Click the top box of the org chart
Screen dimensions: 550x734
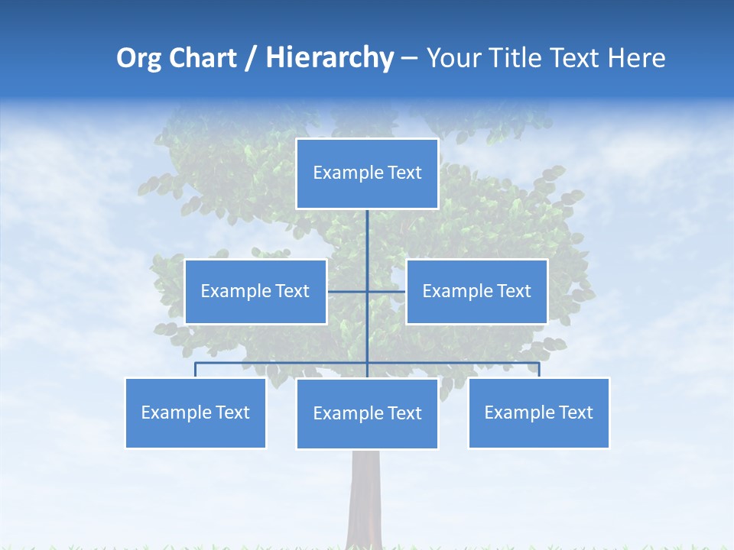367,173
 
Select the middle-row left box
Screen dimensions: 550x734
255,291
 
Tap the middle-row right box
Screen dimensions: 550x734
476,291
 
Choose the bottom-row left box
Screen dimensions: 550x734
195,412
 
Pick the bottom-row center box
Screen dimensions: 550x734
367,413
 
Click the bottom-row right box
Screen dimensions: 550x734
538,412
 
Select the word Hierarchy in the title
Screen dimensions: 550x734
330,58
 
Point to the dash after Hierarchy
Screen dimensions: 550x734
409,59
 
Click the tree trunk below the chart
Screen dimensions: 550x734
365,497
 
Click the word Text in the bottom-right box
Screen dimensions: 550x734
575,412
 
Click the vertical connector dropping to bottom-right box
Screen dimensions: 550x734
538,370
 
